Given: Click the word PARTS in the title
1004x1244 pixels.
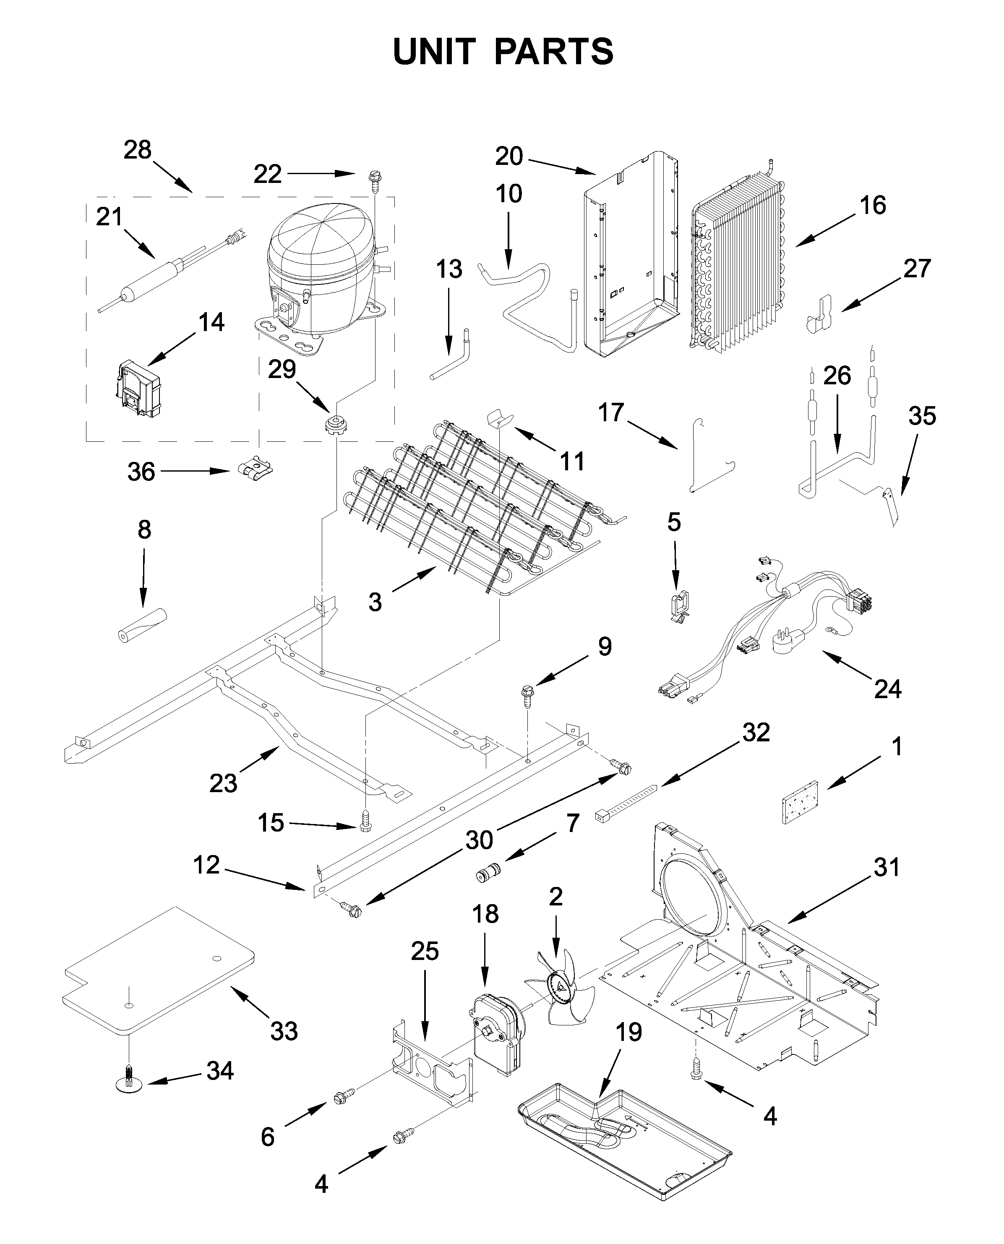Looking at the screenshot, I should point(553,52).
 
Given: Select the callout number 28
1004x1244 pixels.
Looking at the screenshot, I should point(138,150).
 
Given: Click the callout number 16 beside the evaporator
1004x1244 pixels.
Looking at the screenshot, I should point(872,205).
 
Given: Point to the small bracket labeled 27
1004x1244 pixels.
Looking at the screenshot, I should point(819,314).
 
